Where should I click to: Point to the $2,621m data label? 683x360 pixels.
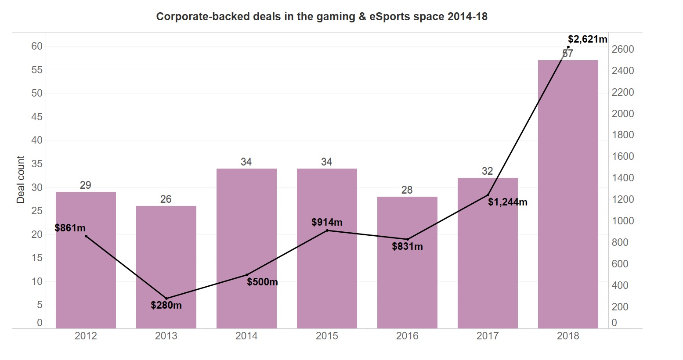point(587,39)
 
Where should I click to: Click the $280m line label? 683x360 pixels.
point(166,305)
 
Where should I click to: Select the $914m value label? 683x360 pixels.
point(327,222)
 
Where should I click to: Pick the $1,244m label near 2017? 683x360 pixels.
point(507,202)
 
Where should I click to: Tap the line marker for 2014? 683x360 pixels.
point(246,275)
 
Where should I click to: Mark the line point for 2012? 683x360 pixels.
point(86,236)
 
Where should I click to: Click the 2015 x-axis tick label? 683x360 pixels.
point(327,336)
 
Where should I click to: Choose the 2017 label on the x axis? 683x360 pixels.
point(488,336)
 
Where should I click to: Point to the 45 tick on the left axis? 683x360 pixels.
point(37,117)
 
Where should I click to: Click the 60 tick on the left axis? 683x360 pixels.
point(37,46)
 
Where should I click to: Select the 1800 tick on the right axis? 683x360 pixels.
point(623,135)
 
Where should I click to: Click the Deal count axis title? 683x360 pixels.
point(21,180)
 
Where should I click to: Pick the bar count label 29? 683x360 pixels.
point(86,185)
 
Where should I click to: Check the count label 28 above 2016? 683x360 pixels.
point(407,190)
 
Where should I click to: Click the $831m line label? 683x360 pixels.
point(407,246)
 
